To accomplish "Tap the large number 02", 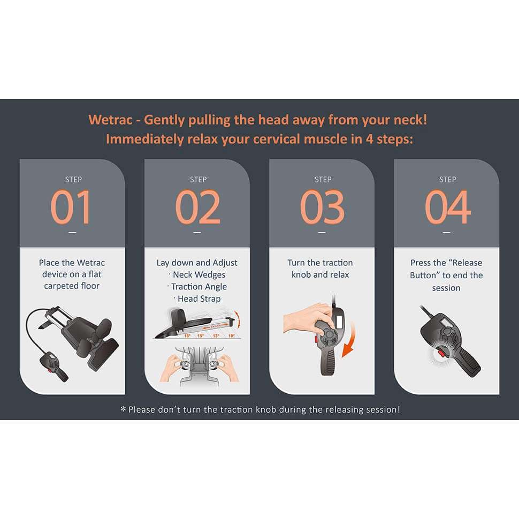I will point(197,207).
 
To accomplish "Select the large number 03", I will point(322,207).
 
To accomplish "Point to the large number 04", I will point(447,207).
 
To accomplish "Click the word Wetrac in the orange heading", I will point(110,120).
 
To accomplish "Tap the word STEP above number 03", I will point(323,179).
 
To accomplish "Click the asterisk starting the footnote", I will point(123,410).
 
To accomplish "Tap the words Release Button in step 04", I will point(446,269).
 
